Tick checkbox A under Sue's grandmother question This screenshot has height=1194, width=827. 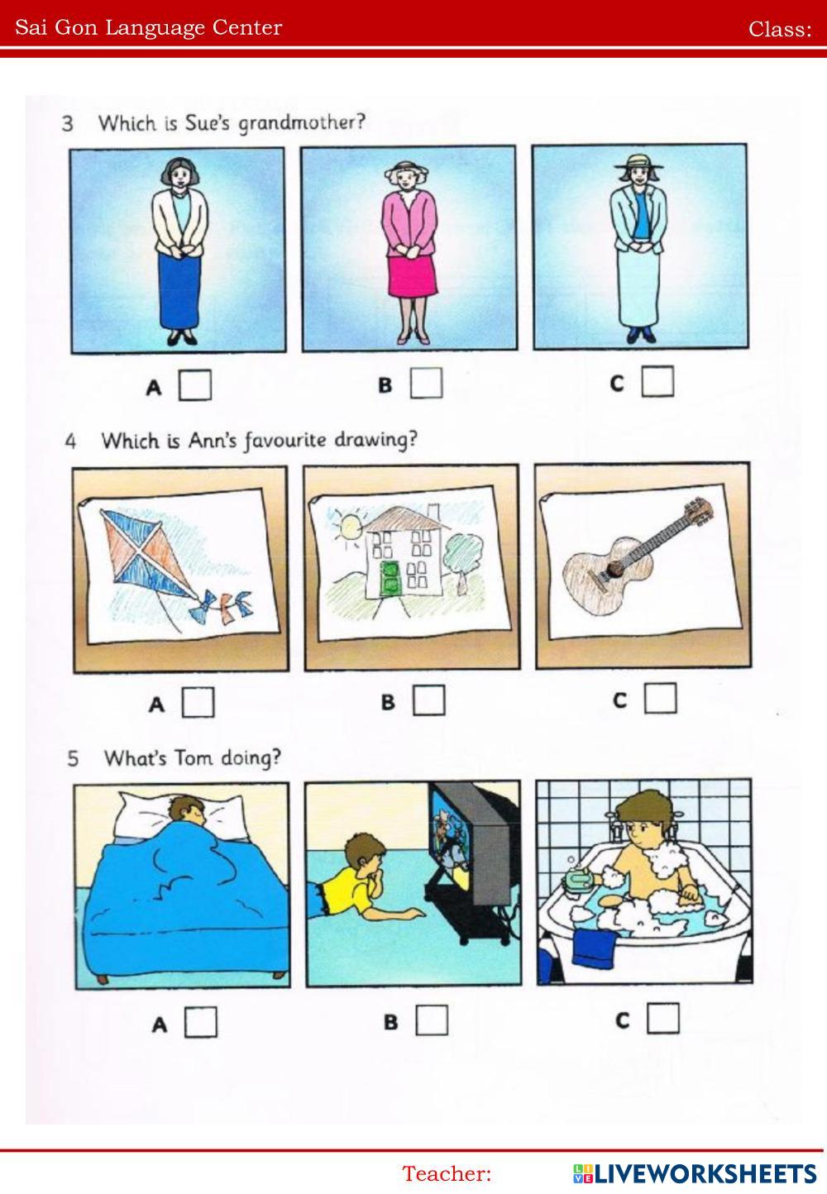[194, 384]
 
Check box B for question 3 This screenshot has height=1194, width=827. [426, 383]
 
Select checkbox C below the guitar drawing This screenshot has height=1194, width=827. [660, 698]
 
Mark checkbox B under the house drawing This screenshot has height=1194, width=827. [428, 700]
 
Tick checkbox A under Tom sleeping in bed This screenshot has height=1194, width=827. [201, 1021]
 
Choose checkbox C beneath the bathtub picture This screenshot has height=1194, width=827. [663, 1018]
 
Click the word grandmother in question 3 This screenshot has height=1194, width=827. [301, 123]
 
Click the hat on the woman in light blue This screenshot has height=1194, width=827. [638, 160]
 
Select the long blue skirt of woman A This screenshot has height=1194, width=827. [179, 290]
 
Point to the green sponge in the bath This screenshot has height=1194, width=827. [579, 879]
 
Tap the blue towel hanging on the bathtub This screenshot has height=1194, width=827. [594, 947]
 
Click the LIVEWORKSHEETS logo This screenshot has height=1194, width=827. [695, 1173]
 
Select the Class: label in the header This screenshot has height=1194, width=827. [780, 29]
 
